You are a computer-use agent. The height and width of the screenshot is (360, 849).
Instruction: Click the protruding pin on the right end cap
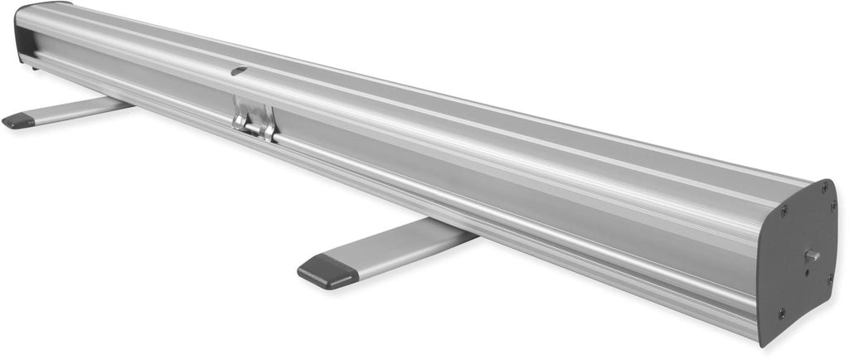pos(812,255)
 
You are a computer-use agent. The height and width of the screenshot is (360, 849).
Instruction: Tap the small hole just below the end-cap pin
pos(805,268)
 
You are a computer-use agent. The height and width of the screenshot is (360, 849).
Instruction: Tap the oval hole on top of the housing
pos(239,71)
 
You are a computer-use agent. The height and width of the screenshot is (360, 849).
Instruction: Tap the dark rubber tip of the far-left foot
pos(18,121)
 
